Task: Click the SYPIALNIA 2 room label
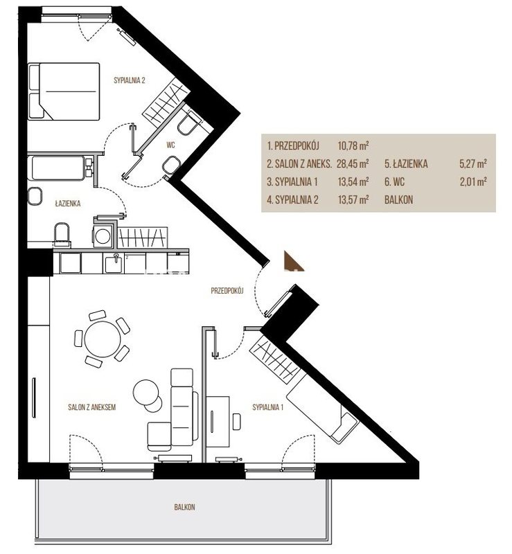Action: [x=130, y=80]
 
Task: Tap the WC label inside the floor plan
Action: [x=171, y=145]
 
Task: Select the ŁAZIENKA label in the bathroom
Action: [x=68, y=203]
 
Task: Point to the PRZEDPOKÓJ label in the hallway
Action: [x=227, y=290]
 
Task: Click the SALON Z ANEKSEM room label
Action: [x=92, y=407]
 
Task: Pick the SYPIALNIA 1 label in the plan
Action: [x=267, y=407]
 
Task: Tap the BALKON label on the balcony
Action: [x=184, y=507]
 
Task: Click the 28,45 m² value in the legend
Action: [x=353, y=163]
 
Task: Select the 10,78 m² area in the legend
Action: [x=353, y=145]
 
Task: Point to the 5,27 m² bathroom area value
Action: [x=473, y=163]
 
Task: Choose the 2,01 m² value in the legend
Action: [x=473, y=181]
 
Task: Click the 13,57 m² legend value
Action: [x=353, y=199]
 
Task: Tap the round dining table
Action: [x=103, y=339]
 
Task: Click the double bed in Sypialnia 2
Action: [x=64, y=91]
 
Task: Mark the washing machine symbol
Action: [x=103, y=236]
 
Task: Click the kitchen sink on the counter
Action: [x=114, y=264]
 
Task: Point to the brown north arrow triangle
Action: [x=293, y=260]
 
